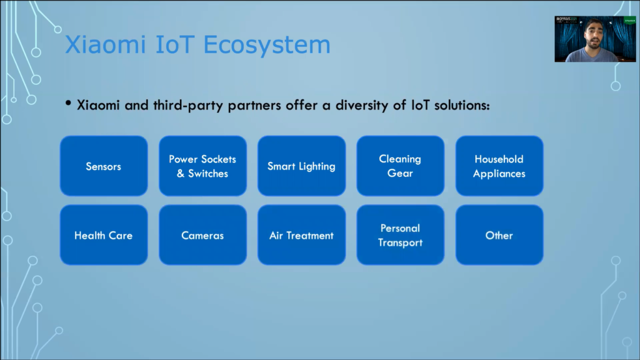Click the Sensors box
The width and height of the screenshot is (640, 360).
(x=104, y=166)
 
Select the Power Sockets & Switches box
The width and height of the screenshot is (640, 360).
(x=202, y=166)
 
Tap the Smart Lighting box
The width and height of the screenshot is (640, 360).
(x=302, y=166)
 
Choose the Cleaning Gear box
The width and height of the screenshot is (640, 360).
(x=401, y=166)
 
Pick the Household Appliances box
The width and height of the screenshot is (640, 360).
(x=499, y=166)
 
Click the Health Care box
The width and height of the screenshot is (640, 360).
(x=104, y=235)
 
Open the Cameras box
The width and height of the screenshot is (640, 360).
(x=202, y=235)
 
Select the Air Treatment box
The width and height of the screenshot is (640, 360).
(x=302, y=235)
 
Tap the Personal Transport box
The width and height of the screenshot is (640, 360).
(x=401, y=235)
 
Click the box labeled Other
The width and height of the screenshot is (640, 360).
(x=499, y=235)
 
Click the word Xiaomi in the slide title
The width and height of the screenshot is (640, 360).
(x=105, y=44)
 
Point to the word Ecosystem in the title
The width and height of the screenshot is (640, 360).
(x=267, y=45)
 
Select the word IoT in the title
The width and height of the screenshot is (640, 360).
(x=175, y=44)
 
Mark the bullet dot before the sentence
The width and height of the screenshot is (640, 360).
(x=68, y=104)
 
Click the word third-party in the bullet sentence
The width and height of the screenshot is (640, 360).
(x=189, y=106)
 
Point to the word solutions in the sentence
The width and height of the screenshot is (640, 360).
(x=462, y=105)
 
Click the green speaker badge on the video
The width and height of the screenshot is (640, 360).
(x=629, y=21)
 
